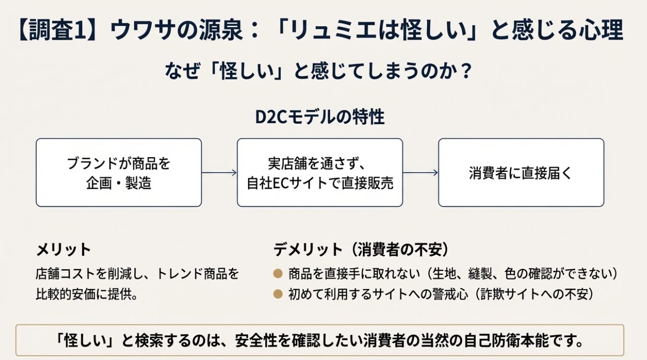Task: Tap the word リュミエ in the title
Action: [x=319, y=30]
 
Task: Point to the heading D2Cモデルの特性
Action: [x=319, y=117]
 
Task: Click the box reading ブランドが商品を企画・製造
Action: [x=119, y=172]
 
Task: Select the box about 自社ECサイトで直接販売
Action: [x=320, y=172]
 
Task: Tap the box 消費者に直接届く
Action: [x=521, y=172]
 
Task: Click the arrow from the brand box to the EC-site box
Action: [x=219, y=173]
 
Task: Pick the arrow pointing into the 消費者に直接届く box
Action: [x=420, y=173]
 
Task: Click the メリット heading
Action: [x=63, y=249]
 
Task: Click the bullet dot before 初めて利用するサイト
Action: [x=278, y=293]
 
